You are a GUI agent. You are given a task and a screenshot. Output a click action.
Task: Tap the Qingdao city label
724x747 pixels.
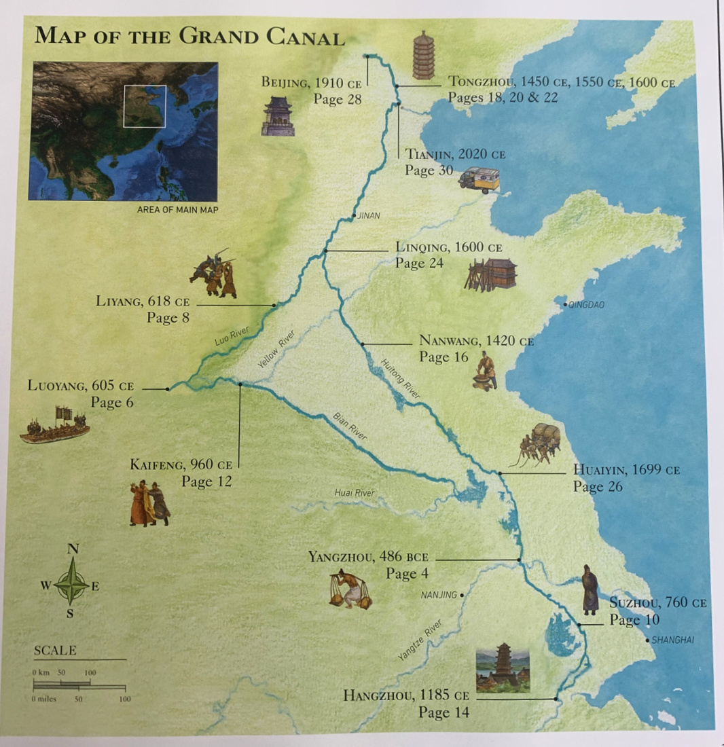586,305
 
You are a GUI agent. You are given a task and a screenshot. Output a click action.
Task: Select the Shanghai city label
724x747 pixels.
672,640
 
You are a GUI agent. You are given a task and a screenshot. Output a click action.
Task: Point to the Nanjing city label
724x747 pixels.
439,595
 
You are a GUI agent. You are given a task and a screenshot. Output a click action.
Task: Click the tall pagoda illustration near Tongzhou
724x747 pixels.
424,55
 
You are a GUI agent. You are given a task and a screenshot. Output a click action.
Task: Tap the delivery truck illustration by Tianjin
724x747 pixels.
479,180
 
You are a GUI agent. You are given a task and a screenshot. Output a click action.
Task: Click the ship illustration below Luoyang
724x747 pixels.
55,426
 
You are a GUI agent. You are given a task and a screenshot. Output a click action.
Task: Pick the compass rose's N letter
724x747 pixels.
73,549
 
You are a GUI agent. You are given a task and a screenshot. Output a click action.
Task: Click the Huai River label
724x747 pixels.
354,493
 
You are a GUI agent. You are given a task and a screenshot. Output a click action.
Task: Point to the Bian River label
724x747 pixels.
350,426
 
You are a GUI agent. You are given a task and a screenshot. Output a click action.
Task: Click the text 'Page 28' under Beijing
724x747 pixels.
337,99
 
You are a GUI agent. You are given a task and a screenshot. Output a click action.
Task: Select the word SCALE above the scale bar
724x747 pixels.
55,651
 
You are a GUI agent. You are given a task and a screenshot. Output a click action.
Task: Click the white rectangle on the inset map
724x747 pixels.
145,106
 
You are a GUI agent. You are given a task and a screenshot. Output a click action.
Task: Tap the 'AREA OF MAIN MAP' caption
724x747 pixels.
177,210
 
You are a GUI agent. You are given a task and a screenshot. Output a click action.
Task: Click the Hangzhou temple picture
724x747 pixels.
503,668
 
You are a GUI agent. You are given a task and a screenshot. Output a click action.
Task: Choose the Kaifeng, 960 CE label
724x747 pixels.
181,465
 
